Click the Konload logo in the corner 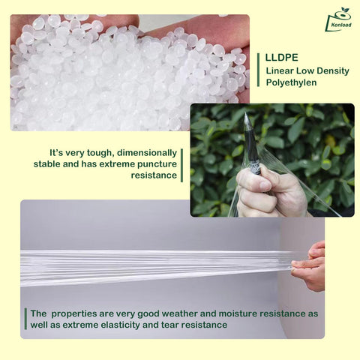(339, 19)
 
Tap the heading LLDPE (281, 58)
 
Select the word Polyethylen (291, 82)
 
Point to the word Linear (280, 70)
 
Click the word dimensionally (147, 153)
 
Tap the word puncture (157, 164)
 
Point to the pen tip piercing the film (246, 115)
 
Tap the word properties (73, 314)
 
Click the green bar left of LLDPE (258, 70)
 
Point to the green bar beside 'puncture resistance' (181, 165)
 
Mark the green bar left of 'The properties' (25, 319)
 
